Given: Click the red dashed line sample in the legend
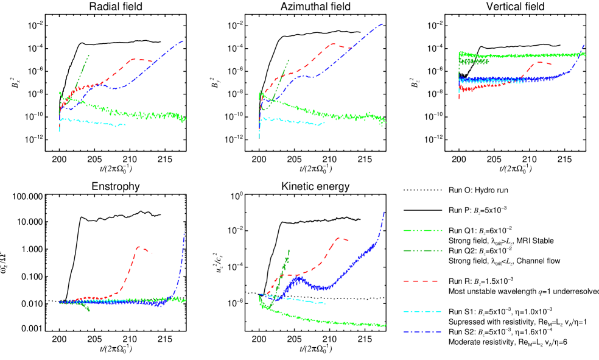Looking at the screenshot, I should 421,281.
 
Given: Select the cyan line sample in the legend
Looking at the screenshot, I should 422,311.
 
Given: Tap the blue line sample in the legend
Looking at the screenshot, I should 422,332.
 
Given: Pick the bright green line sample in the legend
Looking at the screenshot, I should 422,230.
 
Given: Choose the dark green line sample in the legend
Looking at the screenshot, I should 422,250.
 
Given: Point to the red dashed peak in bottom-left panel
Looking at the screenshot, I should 139,247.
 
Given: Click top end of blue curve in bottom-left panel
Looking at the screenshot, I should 184,231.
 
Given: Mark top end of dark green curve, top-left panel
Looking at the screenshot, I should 89,55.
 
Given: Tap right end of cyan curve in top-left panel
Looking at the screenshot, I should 125,125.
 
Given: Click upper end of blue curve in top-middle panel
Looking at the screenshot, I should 383,24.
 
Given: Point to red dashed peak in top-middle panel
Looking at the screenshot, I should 332,44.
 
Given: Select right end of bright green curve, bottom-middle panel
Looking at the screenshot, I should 385,326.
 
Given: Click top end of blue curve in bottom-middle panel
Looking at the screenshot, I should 384,212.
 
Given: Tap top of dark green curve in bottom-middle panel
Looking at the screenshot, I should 289,250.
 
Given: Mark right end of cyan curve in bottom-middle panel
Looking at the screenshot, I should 324,303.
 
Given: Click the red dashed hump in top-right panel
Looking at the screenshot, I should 539,62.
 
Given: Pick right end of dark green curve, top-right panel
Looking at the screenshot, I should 488,61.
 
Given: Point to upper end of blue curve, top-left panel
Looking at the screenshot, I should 183,41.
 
